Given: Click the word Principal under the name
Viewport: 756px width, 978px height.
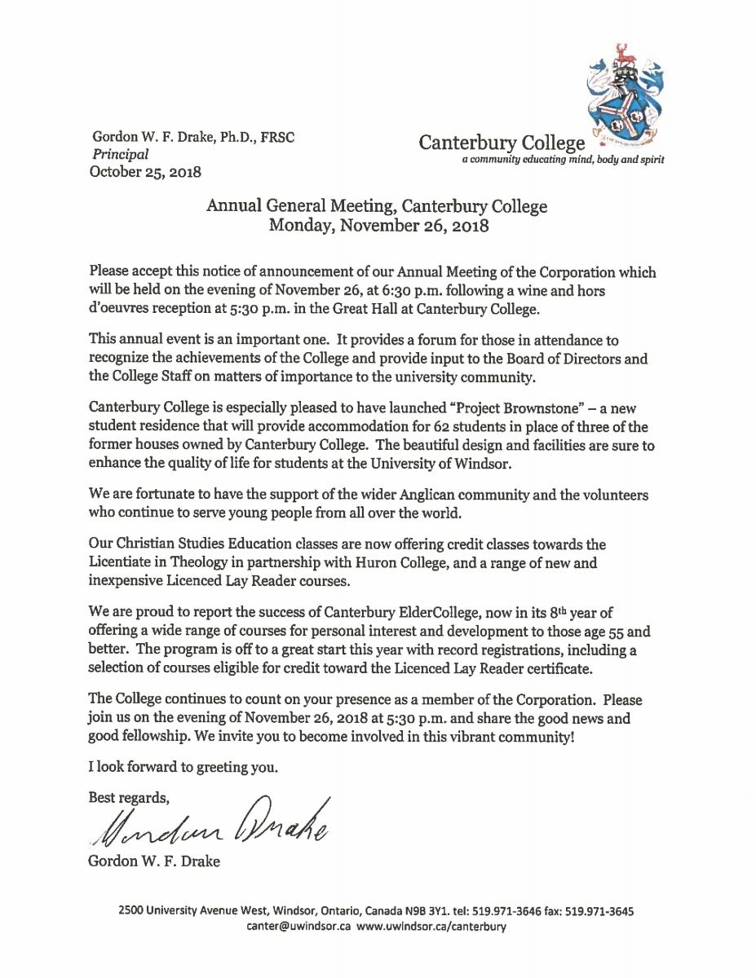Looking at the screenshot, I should (121, 154).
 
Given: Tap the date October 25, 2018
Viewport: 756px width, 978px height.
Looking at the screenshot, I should (146, 171).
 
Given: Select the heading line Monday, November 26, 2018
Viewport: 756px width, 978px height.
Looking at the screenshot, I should (378, 226).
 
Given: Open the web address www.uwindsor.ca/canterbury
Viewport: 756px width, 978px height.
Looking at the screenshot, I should (431, 928).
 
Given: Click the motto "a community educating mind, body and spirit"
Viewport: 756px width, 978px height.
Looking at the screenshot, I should (563, 161).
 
